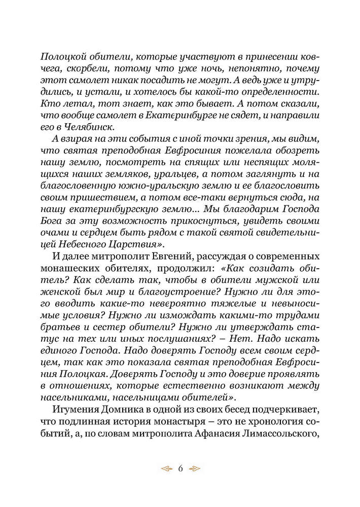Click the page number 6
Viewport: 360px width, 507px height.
(x=180, y=468)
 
